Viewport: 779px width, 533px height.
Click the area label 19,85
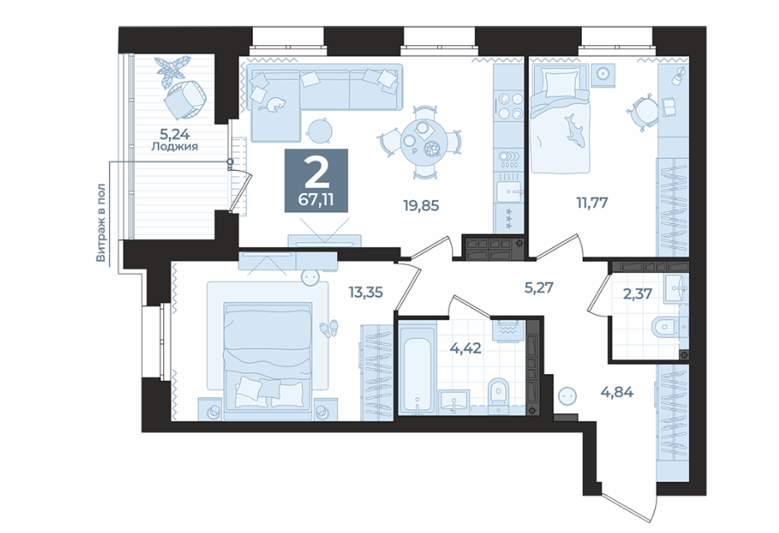coord(421,206)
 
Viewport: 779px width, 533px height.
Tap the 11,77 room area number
coord(591,202)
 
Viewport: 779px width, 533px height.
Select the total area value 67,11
coord(316,200)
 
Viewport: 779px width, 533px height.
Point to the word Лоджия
coord(175,147)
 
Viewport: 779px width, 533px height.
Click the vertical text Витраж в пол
coord(101,222)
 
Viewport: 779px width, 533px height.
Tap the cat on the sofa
coord(273,104)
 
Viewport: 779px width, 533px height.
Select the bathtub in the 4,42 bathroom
coord(417,367)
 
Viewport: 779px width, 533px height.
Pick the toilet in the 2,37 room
coord(668,327)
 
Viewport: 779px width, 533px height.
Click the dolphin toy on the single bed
coord(575,127)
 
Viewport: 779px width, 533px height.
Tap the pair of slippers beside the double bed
coord(329,328)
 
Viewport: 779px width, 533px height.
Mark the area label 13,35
coord(365,292)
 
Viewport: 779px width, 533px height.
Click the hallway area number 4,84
coord(617,392)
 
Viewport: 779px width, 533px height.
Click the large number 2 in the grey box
coord(316,172)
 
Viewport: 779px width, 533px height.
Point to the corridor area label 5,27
coord(539,287)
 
